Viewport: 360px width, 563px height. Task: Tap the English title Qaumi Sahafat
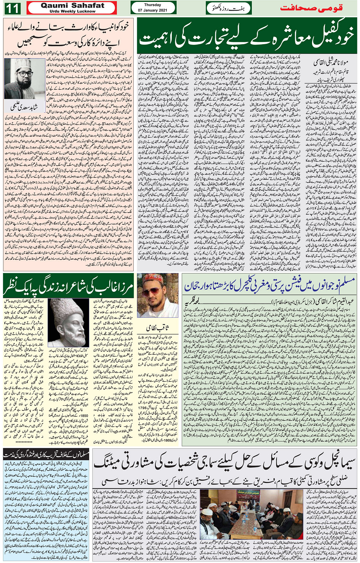(72, 5)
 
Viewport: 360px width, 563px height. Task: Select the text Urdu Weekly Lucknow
(72, 11)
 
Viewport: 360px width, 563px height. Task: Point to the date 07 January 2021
(153, 10)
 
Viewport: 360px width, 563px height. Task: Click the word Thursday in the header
(153, 5)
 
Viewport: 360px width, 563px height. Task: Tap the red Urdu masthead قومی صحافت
(311, 8)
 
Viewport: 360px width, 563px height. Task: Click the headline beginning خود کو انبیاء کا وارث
(69, 34)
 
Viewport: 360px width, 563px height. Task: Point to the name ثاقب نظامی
(157, 328)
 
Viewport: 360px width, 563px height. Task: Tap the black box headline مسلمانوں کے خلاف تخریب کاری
(46, 454)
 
